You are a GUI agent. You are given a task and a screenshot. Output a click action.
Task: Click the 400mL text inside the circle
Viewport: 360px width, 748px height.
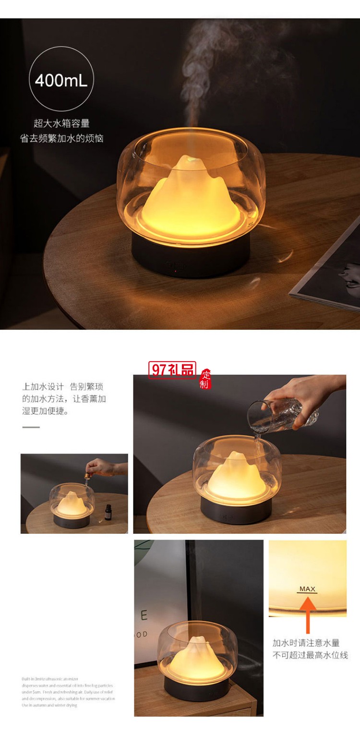tap(61, 80)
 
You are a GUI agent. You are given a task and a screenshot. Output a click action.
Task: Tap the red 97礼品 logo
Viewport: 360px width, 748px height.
tap(172, 370)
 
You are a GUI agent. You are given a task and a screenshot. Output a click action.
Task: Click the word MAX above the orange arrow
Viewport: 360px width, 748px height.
tap(307, 589)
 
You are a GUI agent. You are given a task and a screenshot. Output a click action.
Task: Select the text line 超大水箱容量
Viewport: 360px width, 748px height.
tap(61, 124)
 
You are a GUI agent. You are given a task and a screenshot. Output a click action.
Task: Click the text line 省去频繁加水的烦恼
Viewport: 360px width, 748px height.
tap(61, 139)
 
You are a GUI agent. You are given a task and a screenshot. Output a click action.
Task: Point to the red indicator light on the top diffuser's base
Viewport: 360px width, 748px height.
tap(175, 271)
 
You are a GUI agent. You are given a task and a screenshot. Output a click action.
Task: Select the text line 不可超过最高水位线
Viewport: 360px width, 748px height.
tap(310, 655)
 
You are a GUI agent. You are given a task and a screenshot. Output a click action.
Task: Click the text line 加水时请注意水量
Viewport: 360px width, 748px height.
tap(306, 643)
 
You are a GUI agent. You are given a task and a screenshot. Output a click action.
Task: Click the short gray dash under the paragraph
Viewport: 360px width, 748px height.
tap(31, 427)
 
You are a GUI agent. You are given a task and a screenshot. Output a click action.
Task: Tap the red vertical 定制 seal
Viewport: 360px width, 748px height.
tap(205, 379)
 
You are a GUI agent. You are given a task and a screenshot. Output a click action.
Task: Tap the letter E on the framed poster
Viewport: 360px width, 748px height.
tap(144, 615)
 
